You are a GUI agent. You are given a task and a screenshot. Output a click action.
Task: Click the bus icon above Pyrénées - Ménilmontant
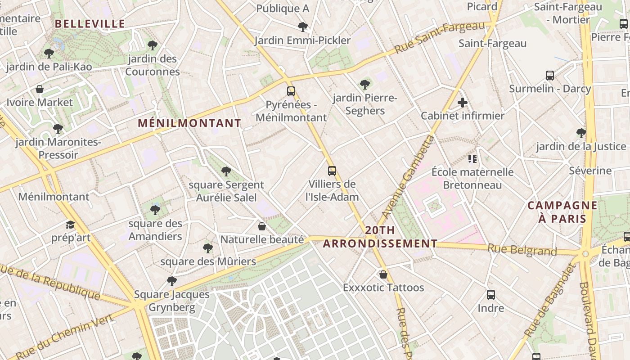pos(291,91)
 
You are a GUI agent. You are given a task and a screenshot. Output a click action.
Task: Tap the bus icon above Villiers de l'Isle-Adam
pos(332,171)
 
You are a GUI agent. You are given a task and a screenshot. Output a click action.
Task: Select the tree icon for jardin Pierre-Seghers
pos(365,84)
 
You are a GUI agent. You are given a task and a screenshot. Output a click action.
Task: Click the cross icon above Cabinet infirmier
pos(463,103)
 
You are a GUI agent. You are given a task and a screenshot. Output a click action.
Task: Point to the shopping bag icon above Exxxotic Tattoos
pos(383,274)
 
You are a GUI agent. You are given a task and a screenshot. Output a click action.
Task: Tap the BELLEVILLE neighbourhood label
pos(90,24)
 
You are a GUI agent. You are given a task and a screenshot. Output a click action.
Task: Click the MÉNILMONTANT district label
pos(189,123)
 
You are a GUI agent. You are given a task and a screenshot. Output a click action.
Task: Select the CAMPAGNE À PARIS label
pos(562,212)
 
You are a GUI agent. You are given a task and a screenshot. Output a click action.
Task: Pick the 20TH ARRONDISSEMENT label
pos(380,237)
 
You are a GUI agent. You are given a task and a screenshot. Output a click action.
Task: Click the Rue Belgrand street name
pos(522,249)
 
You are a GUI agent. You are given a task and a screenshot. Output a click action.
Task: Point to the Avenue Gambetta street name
pos(408,176)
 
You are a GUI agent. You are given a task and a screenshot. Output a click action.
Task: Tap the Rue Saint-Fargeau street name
pos(440,38)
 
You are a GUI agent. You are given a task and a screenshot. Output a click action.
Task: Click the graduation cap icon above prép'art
pos(70,225)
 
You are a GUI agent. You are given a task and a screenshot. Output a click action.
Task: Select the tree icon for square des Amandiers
pos(155,210)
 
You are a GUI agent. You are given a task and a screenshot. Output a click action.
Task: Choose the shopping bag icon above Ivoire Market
pos(40,89)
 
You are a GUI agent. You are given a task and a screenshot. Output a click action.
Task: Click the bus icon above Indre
pos(491,295)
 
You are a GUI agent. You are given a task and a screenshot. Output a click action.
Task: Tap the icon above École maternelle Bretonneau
pos(472,158)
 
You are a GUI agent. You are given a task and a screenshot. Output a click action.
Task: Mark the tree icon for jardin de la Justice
pos(581,133)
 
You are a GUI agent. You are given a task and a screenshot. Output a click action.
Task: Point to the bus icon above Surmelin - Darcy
pos(550,75)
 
